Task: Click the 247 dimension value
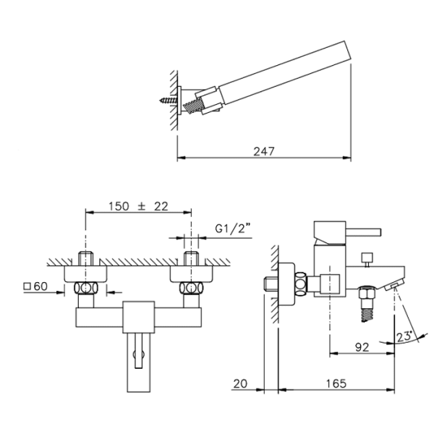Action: [x=264, y=151]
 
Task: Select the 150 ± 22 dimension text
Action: [x=138, y=206]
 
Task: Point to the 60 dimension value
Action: [x=41, y=286]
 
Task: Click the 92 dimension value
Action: [x=362, y=346]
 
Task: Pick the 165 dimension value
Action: [x=336, y=383]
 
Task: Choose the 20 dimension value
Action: [x=241, y=383]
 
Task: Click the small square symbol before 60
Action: [x=27, y=286]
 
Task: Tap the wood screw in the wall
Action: [x=169, y=100]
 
